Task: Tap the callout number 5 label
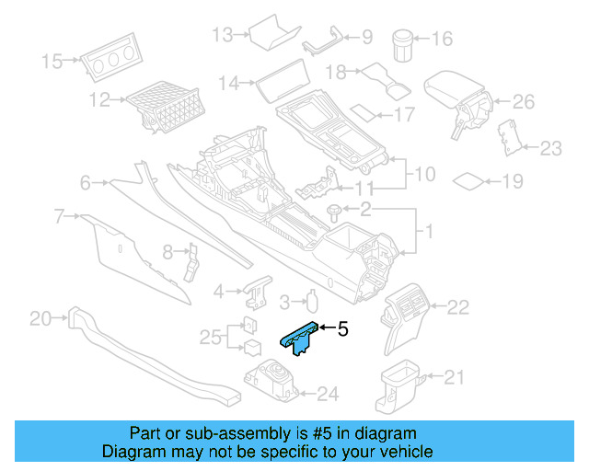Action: pos(342,327)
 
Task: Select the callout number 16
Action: pos(442,39)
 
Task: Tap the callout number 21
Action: pos(455,375)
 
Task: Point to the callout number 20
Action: pos(40,319)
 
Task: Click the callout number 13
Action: pos(223,35)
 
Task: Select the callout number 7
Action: pos(59,216)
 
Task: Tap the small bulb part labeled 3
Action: pos(311,301)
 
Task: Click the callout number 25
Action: pos(208,338)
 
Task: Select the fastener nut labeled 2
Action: pos(332,212)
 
